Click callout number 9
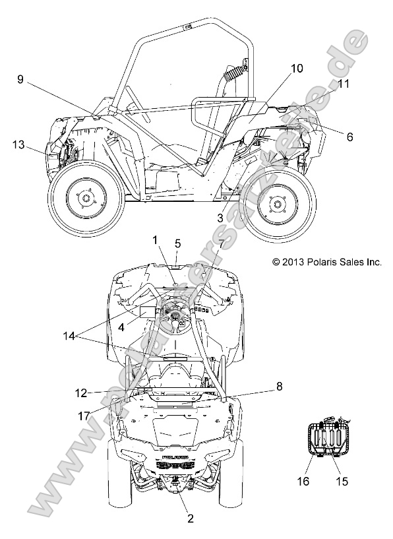pos(20,79)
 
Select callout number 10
pos(297,69)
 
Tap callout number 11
pos(343,84)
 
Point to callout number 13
pos(18,144)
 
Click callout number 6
pos(349,137)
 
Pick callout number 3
pos(220,218)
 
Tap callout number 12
pos(81,393)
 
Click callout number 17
pos(84,416)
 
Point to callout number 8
pos(279,387)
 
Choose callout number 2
pos(191,519)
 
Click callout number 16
pos(303,481)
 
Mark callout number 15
pos(342,481)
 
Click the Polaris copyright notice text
pos(326,263)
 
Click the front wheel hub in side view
pos(84,199)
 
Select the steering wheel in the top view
pos(176,315)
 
